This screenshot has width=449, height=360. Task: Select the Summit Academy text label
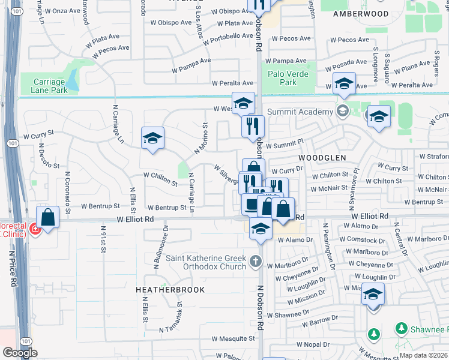tap(300, 112)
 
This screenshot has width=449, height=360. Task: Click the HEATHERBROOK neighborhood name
tap(170, 290)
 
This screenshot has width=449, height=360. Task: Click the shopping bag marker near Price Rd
tap(48, 217)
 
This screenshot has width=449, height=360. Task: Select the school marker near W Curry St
tap(152, 139)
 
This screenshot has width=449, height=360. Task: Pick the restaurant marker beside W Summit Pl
tap(253, 126)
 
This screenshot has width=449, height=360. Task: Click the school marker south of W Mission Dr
tap(373, 294)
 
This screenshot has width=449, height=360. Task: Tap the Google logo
tap(19, 353)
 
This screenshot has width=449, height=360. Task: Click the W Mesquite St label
tap(234, 338)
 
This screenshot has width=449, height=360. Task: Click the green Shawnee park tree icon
tap(373, 334)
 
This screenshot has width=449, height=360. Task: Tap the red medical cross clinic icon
tap(35, 230)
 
